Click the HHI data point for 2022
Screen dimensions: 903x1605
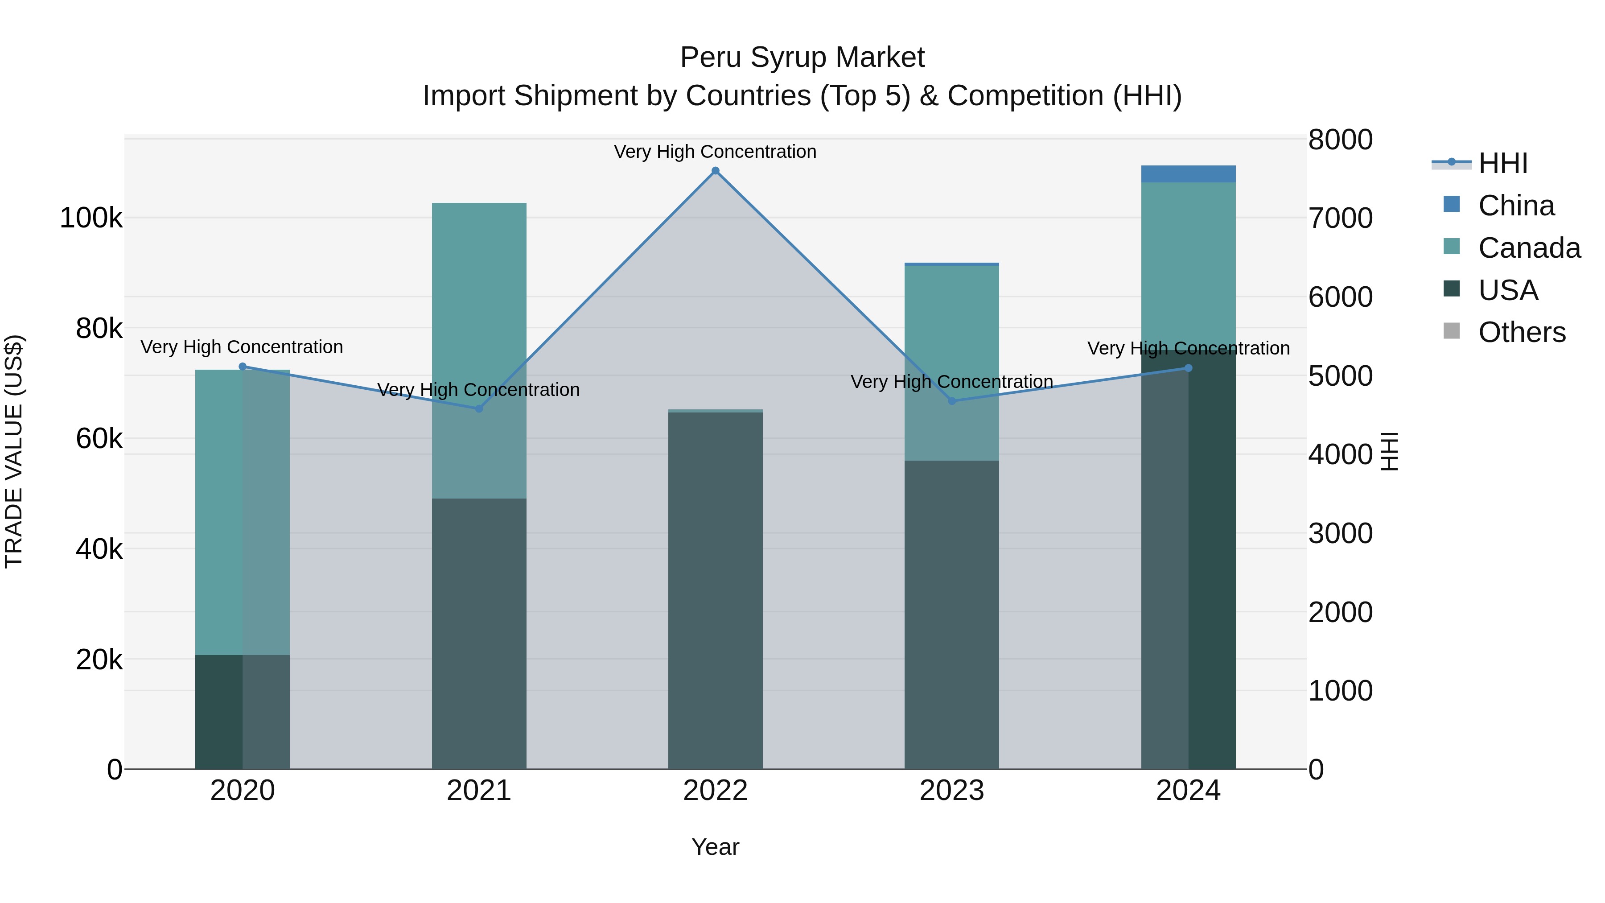point(715,171)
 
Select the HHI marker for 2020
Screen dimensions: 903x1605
point(243,367)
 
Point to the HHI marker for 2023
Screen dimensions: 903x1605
point(951,401)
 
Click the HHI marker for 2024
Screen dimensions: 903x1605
point(1188,368)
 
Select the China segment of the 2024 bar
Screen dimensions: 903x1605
point(1188,174)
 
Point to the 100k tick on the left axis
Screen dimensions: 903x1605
point(91,218)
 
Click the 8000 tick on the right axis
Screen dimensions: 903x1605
point(1340,140)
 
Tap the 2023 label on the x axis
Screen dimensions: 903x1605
point(951,791)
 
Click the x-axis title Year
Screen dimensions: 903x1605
point(715,847)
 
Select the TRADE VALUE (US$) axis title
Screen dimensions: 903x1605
point(14,451)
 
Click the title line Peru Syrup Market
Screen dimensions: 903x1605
point(802,58)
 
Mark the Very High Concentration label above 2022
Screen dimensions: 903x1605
point(715,152)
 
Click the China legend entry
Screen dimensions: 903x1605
point(1516,206)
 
